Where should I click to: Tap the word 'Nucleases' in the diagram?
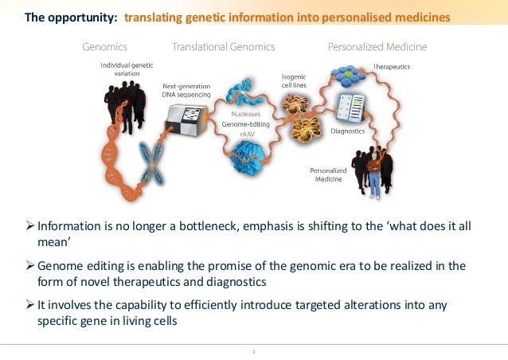point(244,113)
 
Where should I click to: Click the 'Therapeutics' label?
point(391,67)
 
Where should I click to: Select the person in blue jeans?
point(374,171)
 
